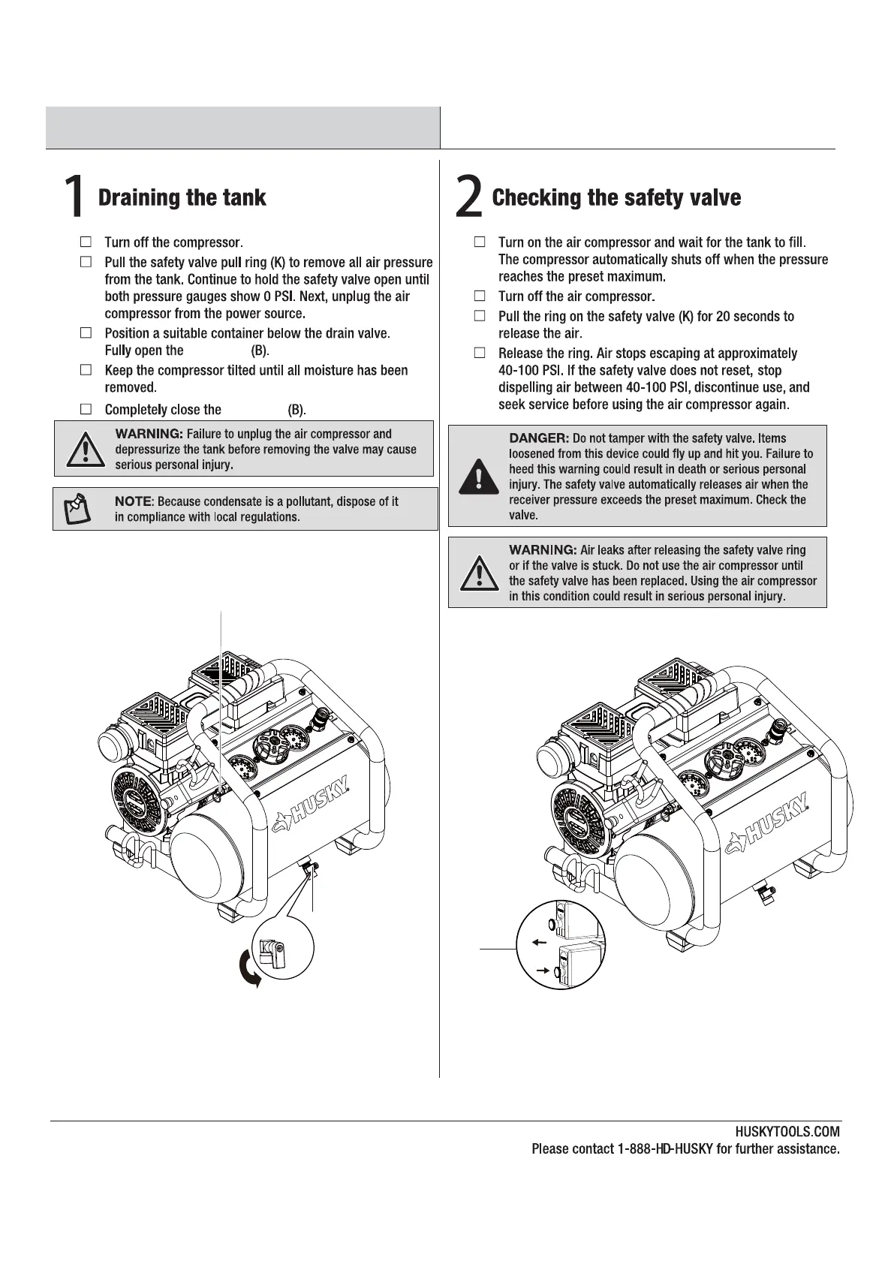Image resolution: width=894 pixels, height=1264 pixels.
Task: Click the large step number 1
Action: coord(73,197)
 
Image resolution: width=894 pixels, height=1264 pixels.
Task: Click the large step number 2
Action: coord(468,197)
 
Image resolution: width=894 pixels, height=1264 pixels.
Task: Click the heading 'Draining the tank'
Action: coord(182,197)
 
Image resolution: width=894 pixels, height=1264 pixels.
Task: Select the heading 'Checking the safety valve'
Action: coord(616,197)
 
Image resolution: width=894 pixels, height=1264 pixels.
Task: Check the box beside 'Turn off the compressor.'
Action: coord(86,242)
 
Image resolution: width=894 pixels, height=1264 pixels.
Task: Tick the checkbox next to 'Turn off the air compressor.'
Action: coord(480,296)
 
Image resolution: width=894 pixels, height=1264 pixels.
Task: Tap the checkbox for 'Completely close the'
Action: coord(86,409)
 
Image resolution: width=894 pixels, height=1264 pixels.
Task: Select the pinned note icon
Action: coord(77,509)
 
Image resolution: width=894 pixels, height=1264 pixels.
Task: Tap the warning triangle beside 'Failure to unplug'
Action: coord(85,449)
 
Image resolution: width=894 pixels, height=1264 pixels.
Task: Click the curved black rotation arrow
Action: coord(250,969)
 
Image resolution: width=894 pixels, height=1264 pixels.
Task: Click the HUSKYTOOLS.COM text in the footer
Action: coord(787,1132)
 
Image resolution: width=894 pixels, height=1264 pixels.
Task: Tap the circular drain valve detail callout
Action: coord(283,948)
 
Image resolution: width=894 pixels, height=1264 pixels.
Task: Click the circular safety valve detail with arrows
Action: coord(561,944)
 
